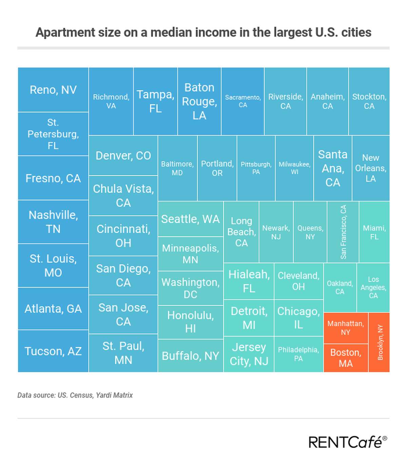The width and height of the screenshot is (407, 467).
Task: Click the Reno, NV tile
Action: [53, 90]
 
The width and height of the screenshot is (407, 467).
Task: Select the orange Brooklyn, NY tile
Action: [379, 342]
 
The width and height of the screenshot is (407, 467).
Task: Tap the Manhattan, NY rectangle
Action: [346, 328]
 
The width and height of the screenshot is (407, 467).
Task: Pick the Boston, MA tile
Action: [346, 358]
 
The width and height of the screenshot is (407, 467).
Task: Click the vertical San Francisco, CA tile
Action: [343, 232]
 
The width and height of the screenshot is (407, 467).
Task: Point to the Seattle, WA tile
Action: [190, 219]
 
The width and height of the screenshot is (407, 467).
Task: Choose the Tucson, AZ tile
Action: [53, 351]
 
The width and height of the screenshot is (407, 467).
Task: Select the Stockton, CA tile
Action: [369, 101]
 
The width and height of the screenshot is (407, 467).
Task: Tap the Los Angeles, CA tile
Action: [373, 287]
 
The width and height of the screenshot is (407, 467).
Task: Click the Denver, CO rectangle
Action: [123, 156]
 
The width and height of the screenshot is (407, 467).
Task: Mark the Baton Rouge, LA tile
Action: [199, 101]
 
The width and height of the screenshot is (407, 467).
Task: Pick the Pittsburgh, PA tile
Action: [256, 168]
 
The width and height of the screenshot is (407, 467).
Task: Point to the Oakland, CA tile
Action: [340, 287]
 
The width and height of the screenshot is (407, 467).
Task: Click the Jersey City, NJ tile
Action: [249, 354]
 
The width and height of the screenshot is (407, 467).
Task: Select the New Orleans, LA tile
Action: [371, 168]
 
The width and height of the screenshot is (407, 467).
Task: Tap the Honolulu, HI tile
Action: [190, 322]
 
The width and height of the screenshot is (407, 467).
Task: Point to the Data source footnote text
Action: [75, 395]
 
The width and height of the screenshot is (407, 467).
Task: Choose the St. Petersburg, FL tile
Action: [53, 134]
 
